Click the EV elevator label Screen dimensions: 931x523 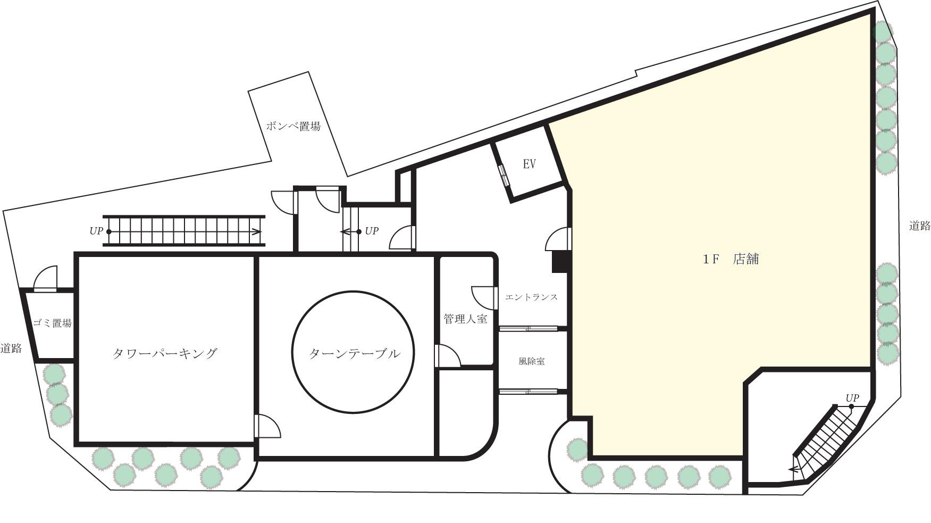click(529, 164)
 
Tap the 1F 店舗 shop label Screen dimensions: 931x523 click(731, 260)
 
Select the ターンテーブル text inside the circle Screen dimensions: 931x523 click(354, 353)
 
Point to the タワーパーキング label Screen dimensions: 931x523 click(165, 353)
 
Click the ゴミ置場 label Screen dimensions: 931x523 click(52, 323)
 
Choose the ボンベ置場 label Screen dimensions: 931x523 click(293, 127)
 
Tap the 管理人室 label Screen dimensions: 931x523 click(465, 319)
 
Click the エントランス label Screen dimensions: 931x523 click(531, 297)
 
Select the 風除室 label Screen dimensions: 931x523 click(531, 361)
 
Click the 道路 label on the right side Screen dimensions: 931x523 click(919, 226)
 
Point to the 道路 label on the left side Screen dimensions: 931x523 click(11, 348)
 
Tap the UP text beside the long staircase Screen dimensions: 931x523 click(96, 231)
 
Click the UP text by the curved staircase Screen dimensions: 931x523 click(852, 398)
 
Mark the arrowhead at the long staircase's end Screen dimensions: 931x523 click(257, 231)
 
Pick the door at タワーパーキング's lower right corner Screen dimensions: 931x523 click(267, 426)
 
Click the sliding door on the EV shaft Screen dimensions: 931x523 click(504, 175)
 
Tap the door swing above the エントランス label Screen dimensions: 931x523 click(558, 239)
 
